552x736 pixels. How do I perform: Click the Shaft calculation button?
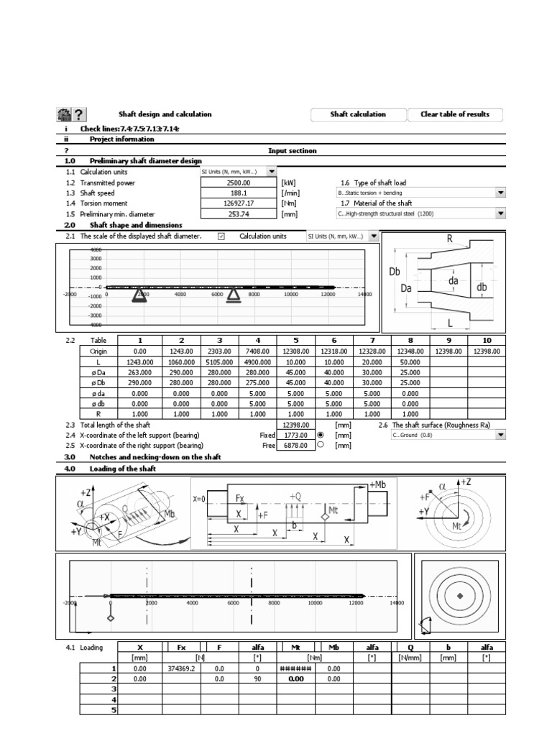357,114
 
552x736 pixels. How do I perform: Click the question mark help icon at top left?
79,114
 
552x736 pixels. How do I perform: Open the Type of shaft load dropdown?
500,193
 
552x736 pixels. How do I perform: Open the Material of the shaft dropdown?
500,213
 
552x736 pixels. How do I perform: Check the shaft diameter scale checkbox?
221,236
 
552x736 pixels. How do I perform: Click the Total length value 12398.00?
296,425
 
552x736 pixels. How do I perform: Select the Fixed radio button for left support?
321,435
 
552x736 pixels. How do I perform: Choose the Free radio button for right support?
321,445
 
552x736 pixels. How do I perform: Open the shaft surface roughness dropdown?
500,435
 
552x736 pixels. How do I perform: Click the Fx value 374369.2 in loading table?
181,668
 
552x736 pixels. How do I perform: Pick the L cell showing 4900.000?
257,362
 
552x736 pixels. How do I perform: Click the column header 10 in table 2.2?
486,340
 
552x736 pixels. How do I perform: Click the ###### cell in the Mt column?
295,668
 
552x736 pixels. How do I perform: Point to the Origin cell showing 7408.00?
257,351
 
